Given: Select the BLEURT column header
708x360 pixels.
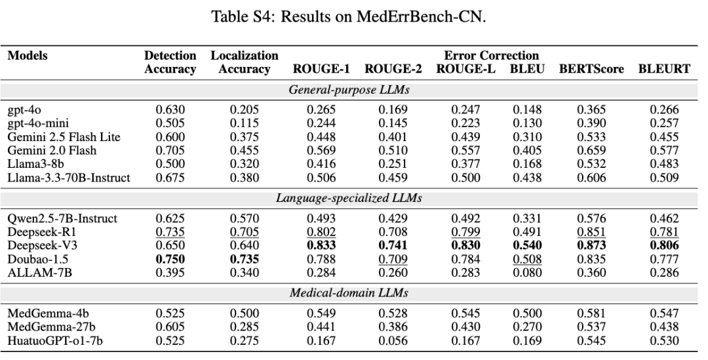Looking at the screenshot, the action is [663, 69].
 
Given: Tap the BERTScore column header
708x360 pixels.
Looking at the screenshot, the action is [591, 69].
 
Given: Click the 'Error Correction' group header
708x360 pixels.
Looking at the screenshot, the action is [491, 56].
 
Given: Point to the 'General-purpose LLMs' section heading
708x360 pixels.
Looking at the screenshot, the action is [349, 89].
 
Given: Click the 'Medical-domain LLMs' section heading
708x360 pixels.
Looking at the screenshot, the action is [349, 292].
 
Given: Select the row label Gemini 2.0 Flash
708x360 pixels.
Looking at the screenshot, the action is [52, 150].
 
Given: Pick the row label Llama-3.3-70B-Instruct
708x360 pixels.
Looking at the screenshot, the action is [69, 178].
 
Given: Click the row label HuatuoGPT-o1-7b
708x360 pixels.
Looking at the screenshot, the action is [55, 340].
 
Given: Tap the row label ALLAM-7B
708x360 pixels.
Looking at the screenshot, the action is [40, 273].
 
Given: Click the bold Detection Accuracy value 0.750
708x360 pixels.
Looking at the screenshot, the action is [170, 259].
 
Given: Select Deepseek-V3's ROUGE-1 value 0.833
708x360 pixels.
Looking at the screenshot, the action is [321, 245].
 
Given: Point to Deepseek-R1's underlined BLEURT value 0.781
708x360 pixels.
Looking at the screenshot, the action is [663, 232].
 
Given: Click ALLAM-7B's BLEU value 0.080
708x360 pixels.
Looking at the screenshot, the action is [527, 273].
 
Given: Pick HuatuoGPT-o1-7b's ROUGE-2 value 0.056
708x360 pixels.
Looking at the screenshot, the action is [393, 340].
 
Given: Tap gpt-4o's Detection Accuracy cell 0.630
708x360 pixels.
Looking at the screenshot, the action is [170, 110].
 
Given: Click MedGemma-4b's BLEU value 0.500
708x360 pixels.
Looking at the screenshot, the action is [527, 313].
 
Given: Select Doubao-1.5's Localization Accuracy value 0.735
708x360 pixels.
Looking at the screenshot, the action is [245, 259].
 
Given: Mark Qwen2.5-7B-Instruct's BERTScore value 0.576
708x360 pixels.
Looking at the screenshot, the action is [591, 218].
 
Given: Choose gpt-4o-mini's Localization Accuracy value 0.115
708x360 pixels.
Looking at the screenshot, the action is [245, 123].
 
